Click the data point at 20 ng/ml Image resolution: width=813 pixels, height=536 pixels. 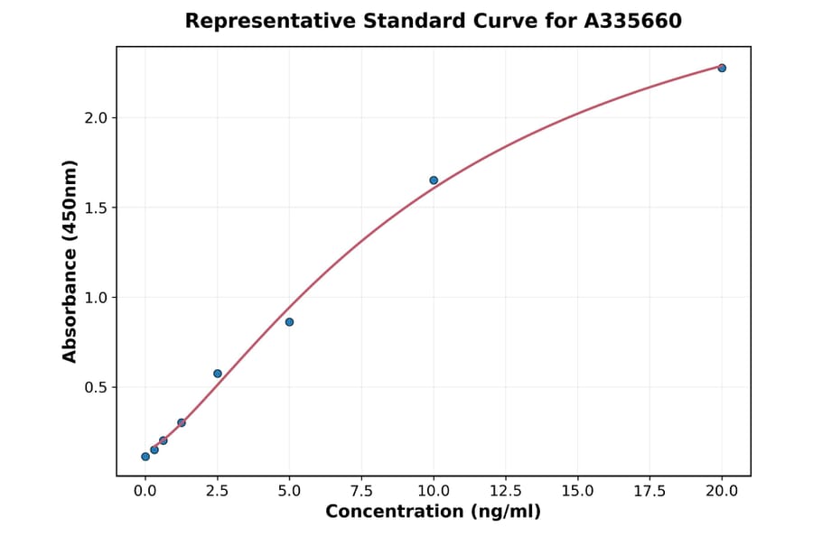[722, 68]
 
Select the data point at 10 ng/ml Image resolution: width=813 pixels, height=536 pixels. [434, 180]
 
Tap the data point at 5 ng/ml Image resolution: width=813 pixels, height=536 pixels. [289, 322]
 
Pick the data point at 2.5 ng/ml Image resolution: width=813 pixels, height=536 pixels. [218, 374]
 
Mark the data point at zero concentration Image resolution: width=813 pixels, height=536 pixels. [145, 457]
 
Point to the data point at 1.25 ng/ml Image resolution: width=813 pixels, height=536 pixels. [182, 422]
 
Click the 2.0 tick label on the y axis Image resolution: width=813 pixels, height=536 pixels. [96, 118]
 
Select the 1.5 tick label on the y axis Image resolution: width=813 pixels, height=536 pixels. [96, 208]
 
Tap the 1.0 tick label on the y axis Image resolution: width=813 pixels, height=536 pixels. [96, 298]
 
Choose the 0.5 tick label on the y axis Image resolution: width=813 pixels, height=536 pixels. [96, 388]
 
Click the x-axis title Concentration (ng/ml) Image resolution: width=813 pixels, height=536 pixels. [434, 513]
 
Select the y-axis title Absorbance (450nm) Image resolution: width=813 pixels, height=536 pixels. [70, 262]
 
